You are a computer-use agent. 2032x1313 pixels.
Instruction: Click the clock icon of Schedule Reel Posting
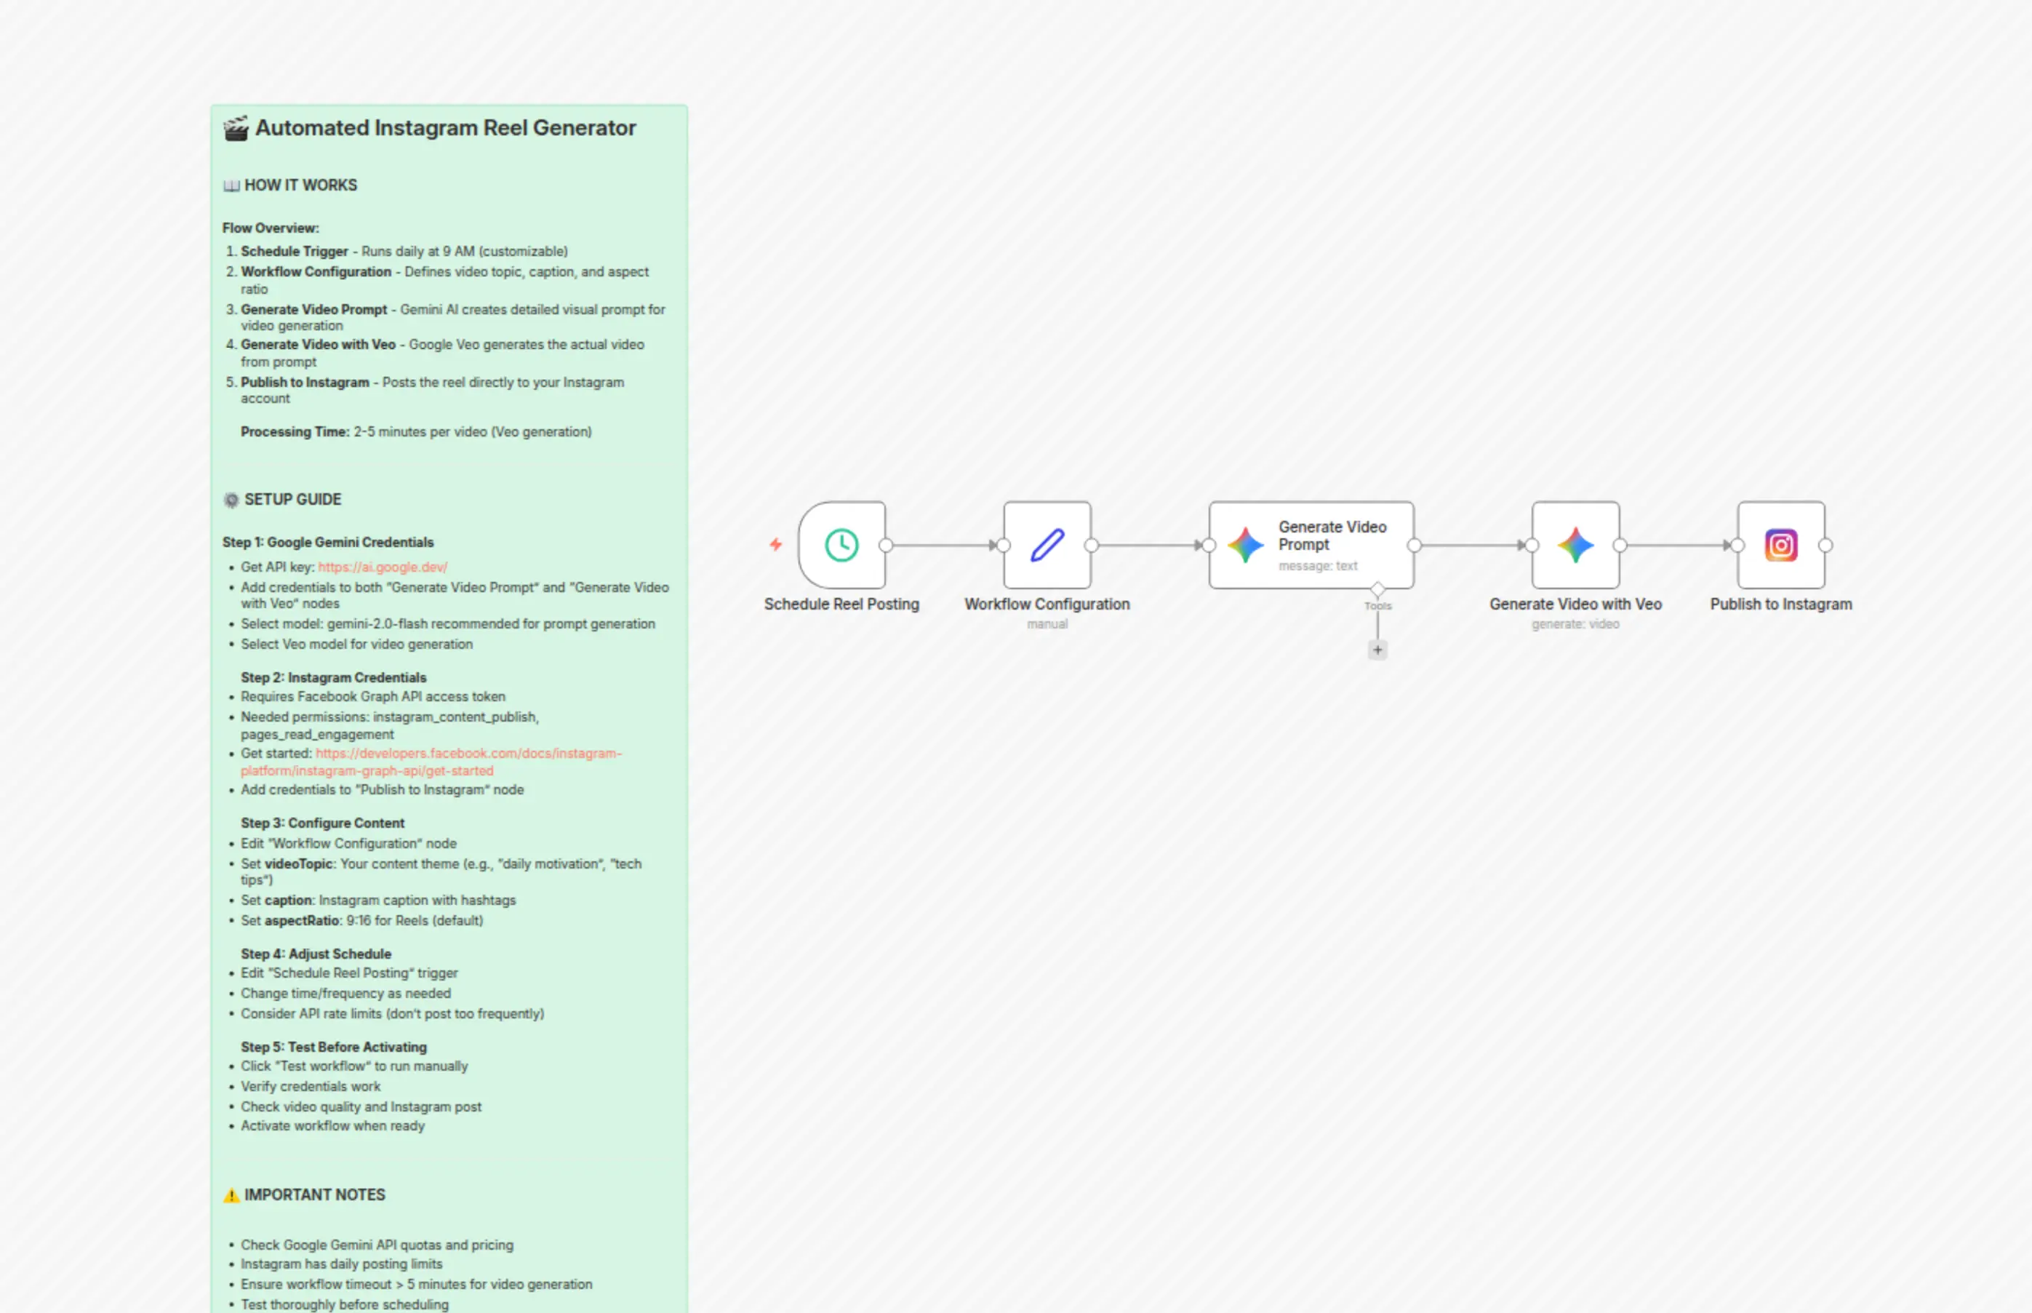tap(841, 545)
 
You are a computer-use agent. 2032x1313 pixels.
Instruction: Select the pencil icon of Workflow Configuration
tap(1047, 545)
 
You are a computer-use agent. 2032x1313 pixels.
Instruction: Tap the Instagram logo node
tap(1780, 545)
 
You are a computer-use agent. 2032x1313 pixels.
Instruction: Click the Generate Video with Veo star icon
tap(1575, 545)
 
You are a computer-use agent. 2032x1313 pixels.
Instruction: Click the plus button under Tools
tap(1377, 650)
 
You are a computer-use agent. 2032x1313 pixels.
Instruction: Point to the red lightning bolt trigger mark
tap(776, 544)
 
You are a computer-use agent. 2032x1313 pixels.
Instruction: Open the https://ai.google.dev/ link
tap(383, 567)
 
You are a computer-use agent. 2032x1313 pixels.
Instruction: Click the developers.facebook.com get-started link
tap(431, 762)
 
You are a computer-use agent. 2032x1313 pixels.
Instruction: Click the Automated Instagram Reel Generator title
tap(446, 128)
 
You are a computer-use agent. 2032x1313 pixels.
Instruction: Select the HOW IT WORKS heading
tap(301, 185)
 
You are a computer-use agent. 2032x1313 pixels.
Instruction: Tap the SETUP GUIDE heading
tap(292, 500)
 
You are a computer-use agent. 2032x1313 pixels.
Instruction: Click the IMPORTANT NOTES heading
tap(314, 1194)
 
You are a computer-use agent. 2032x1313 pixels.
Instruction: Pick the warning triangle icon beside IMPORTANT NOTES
tap(231, 1195)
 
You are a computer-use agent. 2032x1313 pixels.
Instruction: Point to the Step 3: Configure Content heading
tap(322, 823)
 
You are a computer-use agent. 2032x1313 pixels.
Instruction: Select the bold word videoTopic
tap(298, 863)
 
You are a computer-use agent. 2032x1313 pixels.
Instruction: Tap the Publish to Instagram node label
tap(1780, 604)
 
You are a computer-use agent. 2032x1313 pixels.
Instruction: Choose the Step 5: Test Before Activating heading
tap(333, 1047)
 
